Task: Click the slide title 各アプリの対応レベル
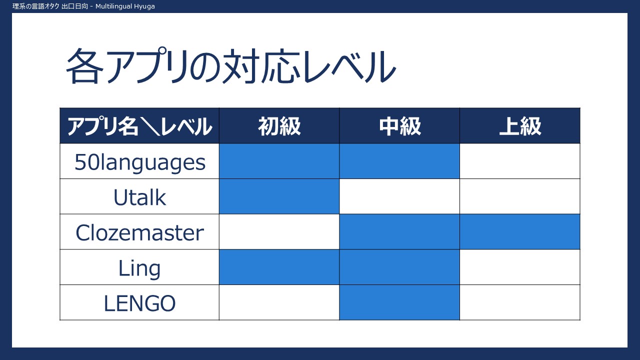(x=231, y=65)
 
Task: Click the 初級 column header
(x=279, y=126)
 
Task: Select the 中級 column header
(x=399, y=126)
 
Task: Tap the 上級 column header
(x=520, y=126)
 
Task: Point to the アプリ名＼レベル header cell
(x=139, y=126)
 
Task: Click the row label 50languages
(x=139, y=162)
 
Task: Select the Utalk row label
(x=139, y=197)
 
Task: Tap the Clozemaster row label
(x=139, y=232)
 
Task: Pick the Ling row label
(x=139, y=268)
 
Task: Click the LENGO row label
(x=139, y=303)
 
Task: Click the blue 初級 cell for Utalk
(x=279, y=196)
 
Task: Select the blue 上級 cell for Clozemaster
(x=520, y=231)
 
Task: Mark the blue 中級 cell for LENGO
(x=399, y=302)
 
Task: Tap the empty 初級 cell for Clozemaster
(x=279, y=231)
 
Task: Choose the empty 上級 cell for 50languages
(x=520, y=161)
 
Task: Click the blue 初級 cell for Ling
(x=279, y=267)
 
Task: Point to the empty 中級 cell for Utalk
(x=399, y=196)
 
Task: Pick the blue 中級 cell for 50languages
(x=399, y=161)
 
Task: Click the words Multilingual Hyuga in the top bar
(x=125, y=6)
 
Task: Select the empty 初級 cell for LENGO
(x=279, y=302)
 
